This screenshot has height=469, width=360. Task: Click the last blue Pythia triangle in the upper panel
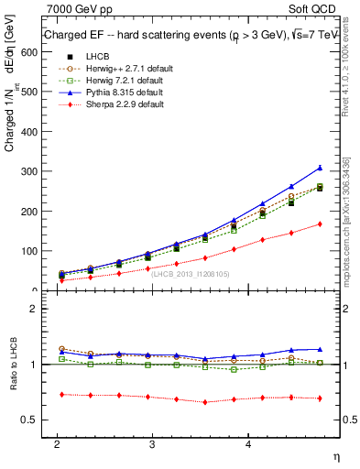(x=320, y=168)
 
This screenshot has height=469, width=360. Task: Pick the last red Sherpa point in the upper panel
(x=320, y=224)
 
